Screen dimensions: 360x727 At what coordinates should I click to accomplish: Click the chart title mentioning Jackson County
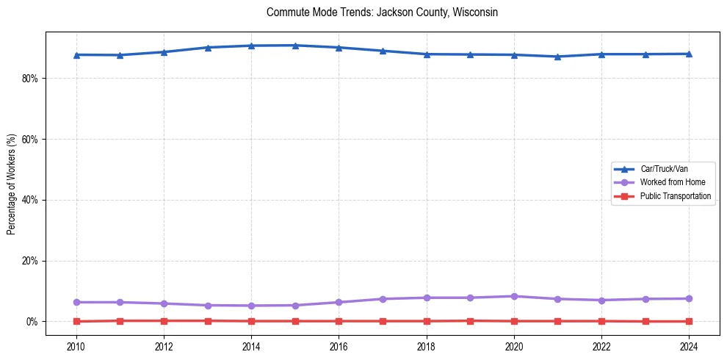click(x=383, y=12)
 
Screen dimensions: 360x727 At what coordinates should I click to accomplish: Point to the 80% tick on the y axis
click(x=29, y=79)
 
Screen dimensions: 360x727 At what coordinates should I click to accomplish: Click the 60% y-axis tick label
click(x=29, y=140)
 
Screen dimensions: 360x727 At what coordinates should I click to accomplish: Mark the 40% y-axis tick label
click(x=29, y=200)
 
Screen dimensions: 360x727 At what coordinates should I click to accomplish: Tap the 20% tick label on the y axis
click(x=29, y=261)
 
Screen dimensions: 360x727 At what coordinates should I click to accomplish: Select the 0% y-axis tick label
click(x=32, y=322)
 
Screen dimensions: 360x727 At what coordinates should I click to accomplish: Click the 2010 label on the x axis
click(x=76, y=347)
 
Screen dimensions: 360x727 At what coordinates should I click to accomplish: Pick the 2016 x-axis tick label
click(x=339, y=347)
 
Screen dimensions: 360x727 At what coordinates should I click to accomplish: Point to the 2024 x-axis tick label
click(x=689, y=347)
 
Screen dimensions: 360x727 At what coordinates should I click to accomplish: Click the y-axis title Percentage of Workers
click(x=11, y=184)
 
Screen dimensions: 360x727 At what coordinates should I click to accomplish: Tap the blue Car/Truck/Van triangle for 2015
click(x=295, y=46)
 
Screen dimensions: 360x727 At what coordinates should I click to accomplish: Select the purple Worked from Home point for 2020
click(x=514, y=296)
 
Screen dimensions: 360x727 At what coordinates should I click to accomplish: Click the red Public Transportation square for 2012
click(x=164, y=320)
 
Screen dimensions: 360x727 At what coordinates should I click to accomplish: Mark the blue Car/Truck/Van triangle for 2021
click(x=557, y=57)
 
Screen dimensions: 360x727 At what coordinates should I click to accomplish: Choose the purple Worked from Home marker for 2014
click(x=251, y=306)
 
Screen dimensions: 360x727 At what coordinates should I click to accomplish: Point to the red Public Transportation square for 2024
click(x=689, y=321)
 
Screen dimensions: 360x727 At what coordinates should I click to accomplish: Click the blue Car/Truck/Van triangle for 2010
click(x=76, y=54)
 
